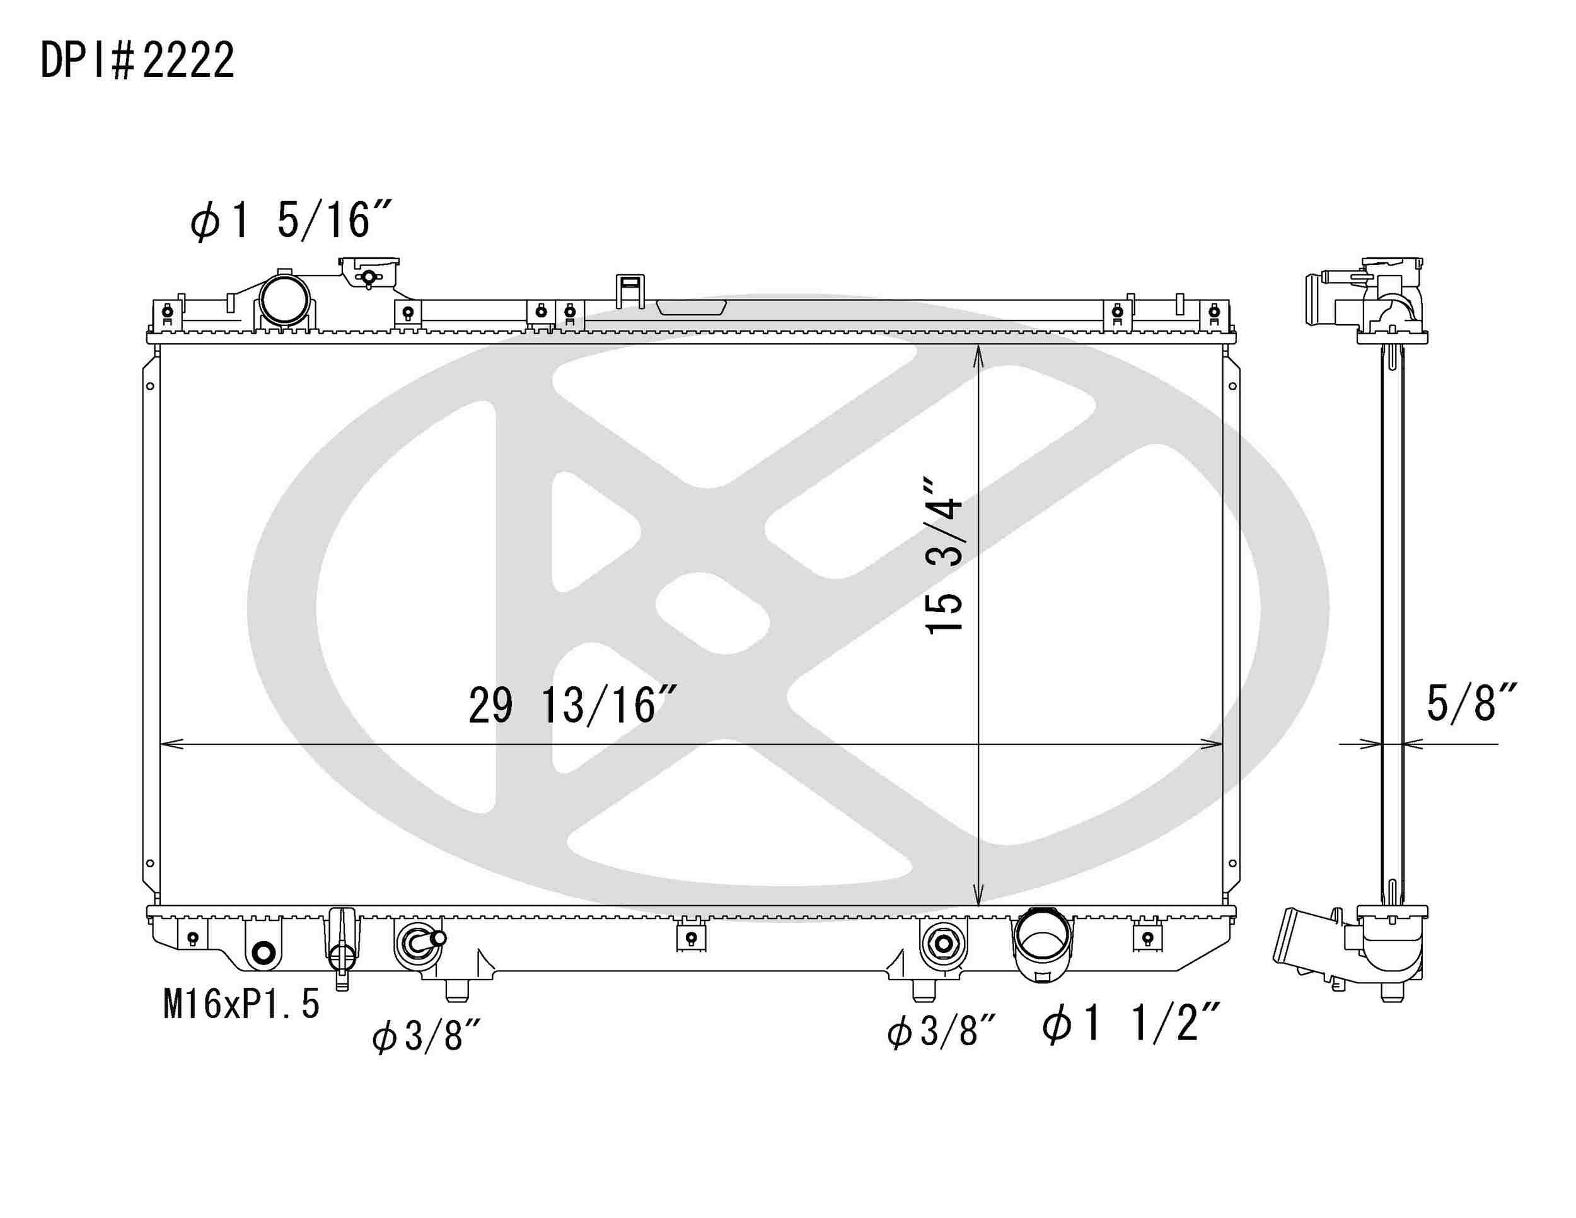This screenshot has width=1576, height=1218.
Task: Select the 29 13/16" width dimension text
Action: [572, 705]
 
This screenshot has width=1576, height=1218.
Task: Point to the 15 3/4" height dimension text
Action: [944, 555]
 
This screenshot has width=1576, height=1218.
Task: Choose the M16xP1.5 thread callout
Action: [241, 1004]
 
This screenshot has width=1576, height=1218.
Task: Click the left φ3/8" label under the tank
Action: [426, 1037]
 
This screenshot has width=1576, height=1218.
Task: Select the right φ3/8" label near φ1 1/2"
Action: [941, 1032]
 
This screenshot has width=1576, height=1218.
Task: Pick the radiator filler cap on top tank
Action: [369, 273]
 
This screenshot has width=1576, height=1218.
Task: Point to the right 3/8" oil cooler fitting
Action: [942, 943]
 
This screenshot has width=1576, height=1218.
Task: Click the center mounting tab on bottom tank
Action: [690, 937]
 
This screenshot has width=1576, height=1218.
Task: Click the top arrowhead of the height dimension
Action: [978, 354]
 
